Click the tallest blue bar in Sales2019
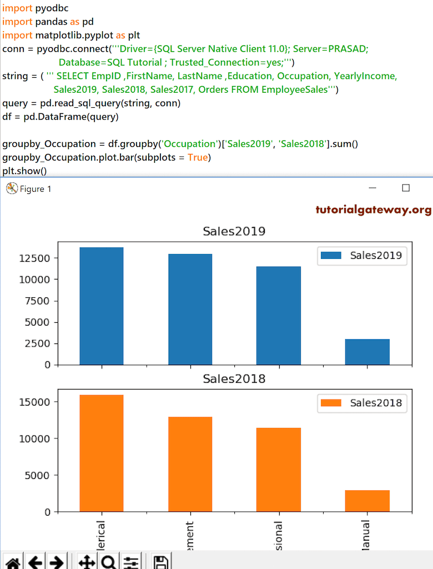tap(102, 306)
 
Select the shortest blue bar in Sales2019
tap(367, 352)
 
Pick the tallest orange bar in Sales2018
tap(102, 453)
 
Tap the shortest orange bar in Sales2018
tap(367, 501)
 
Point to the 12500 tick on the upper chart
tap(36, 258)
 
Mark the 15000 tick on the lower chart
tap(36, 402)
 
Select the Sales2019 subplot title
tap(234, 231)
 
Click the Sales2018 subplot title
tap(234, 379)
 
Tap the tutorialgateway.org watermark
tap(373, 209)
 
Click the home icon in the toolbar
tap(13, 562)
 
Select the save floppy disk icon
tap(161, 562)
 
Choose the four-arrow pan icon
tap(87, 562)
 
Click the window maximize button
tap(406, 188)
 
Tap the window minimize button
tap(372, 188)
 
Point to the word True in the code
tap(198, 157)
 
